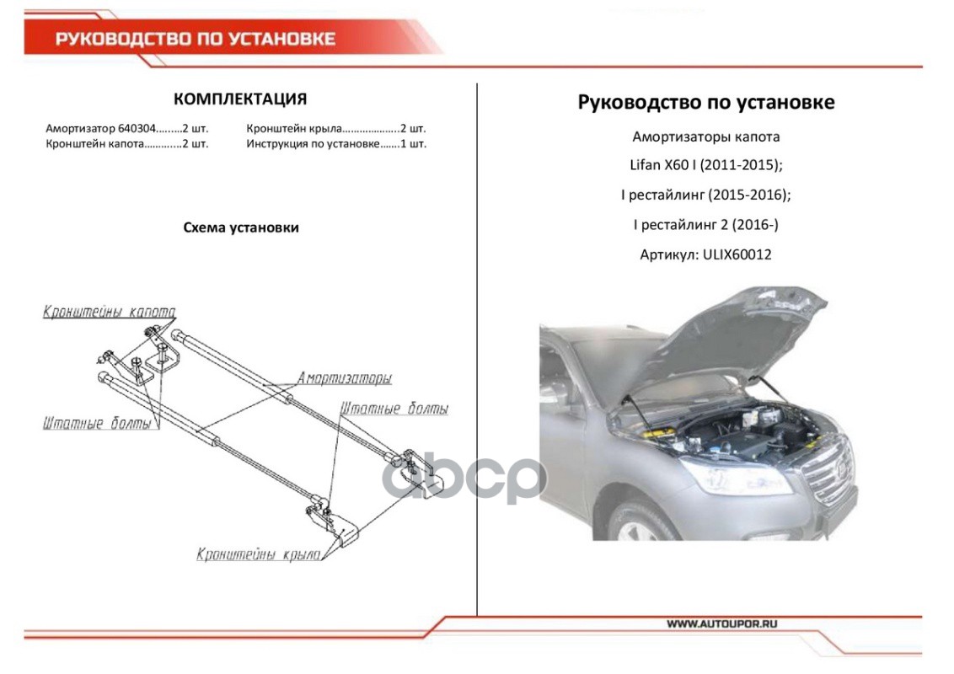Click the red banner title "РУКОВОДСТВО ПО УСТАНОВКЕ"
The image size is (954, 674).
pos(195,39)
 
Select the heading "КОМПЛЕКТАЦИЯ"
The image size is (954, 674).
pos(239,99)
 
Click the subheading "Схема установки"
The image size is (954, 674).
pos(240,227)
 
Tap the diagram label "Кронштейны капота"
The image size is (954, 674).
pos(109,312)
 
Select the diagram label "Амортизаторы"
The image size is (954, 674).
pos(344,378)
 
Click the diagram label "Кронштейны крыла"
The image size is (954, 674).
pos(259,554)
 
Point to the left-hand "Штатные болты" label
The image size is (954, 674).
pos(97,423)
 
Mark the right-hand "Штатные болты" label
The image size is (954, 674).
pos(394,409)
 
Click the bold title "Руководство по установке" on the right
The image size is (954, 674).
pos(705,102)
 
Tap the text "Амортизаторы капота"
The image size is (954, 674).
pos(705,136)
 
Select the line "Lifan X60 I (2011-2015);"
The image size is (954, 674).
pos(705,165)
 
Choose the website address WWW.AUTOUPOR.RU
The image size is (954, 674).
pos(721,624)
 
